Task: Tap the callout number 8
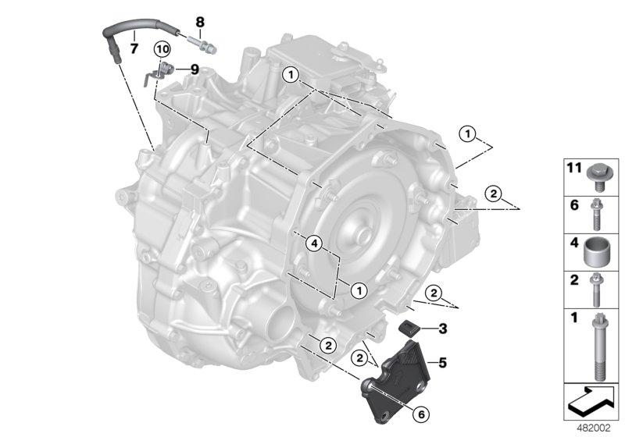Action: (199, 21)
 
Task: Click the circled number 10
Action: (162, 48)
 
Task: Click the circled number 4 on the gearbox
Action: (313, 245)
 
